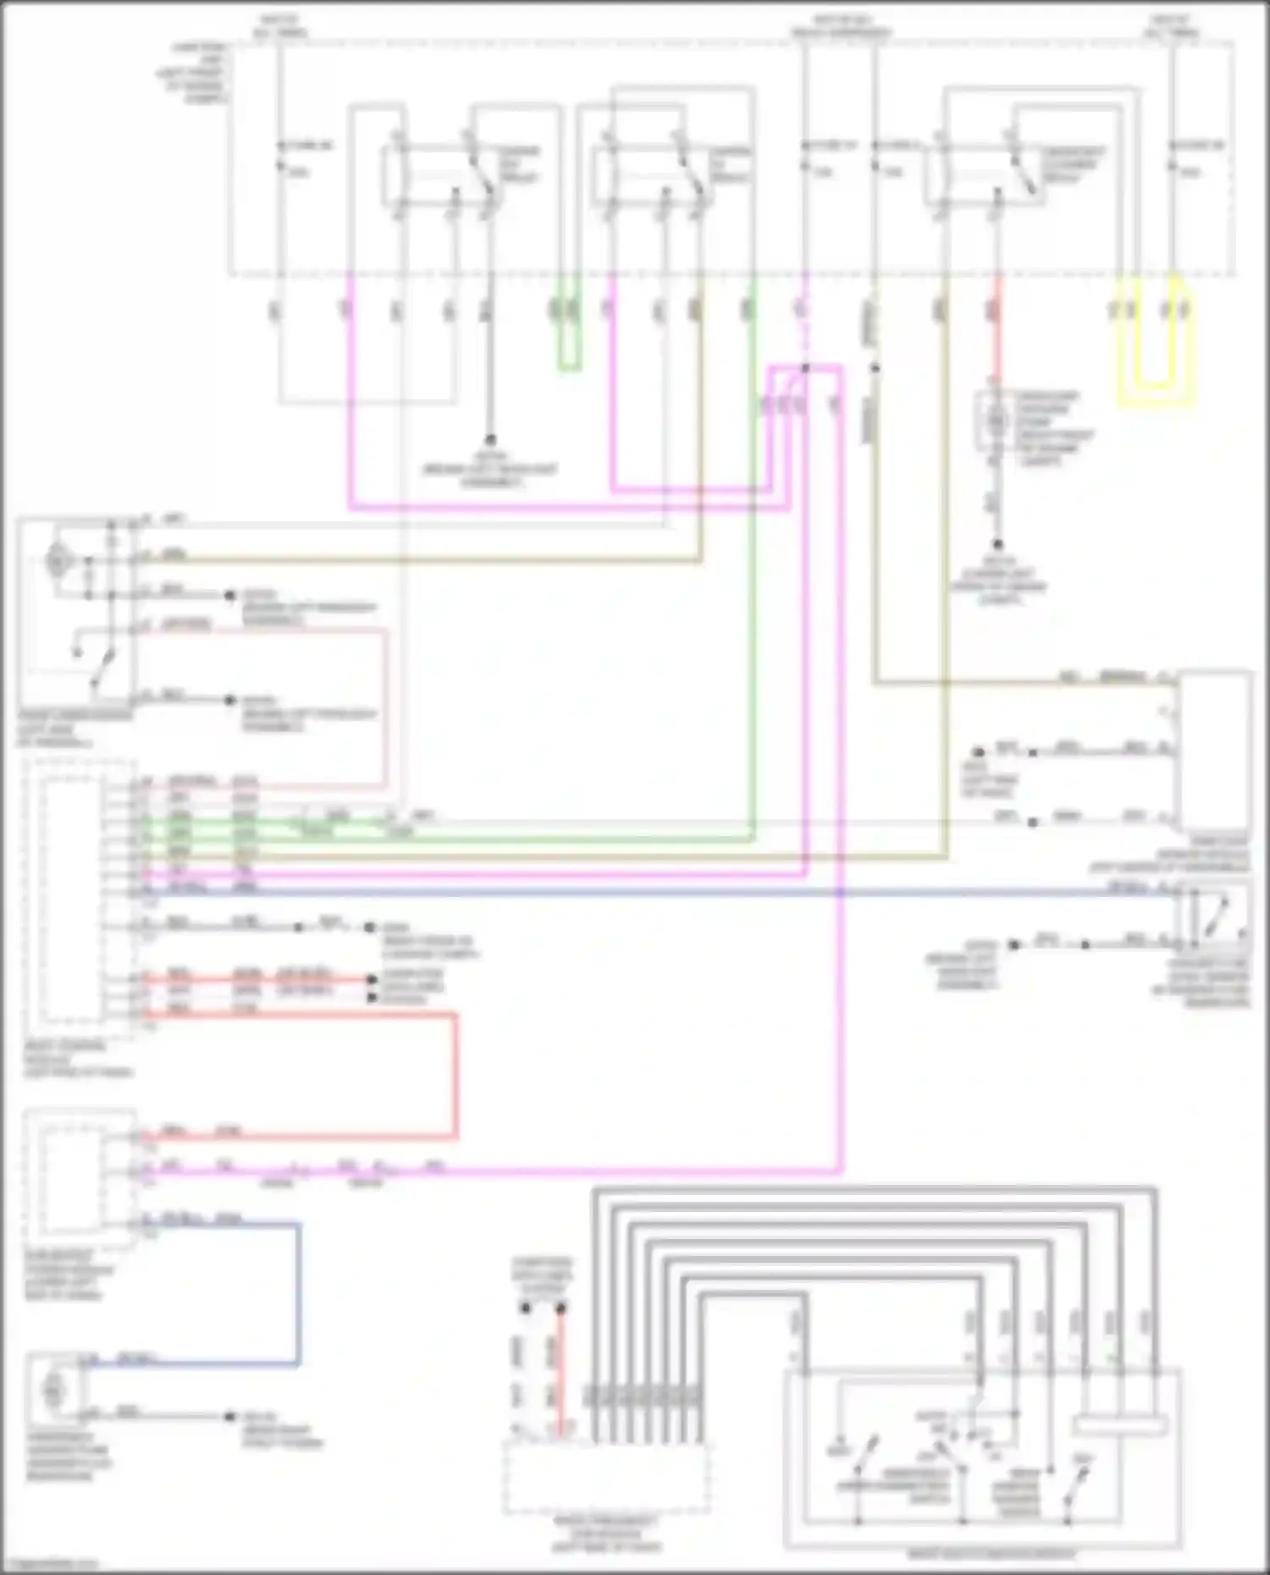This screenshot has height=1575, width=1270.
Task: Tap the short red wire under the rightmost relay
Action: coord(997,339)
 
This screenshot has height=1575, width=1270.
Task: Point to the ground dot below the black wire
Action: coord(489,440)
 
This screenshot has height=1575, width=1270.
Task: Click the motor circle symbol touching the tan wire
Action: coord(58,559)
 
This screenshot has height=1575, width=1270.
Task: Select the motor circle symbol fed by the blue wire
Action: coord(52,1391)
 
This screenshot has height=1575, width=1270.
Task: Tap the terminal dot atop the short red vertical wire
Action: coord(560,1308)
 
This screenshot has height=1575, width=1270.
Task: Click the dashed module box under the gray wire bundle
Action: coord(606,1477)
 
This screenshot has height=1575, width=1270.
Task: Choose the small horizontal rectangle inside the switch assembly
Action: coord(1119,1425)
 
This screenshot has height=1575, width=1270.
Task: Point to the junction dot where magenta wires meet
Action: coord(805,368)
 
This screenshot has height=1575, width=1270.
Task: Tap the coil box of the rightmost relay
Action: coord(965,175)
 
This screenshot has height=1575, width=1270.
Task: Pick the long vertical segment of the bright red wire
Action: coord(456,1075)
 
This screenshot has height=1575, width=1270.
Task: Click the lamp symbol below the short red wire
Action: coord(997,419)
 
